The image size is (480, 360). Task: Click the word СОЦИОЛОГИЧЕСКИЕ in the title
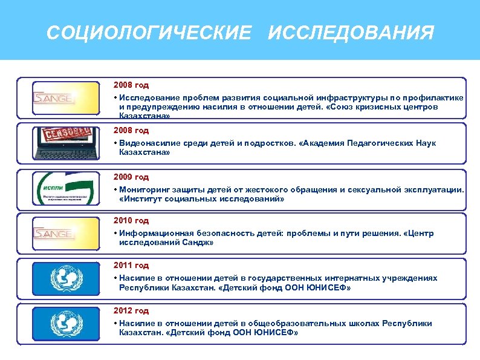[x=148, y=33]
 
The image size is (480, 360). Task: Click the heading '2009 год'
[x=131, y=177]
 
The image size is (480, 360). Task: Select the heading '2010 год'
[x=131, y=221]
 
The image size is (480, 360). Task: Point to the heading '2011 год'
[x=131, y=266]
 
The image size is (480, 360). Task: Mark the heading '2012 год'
[x=131, y=310]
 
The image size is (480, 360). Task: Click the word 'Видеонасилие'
[x=147, y=143]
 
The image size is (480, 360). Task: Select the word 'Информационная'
[x=151, y=234]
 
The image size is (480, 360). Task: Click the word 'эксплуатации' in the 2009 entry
[x=435, y=190]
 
